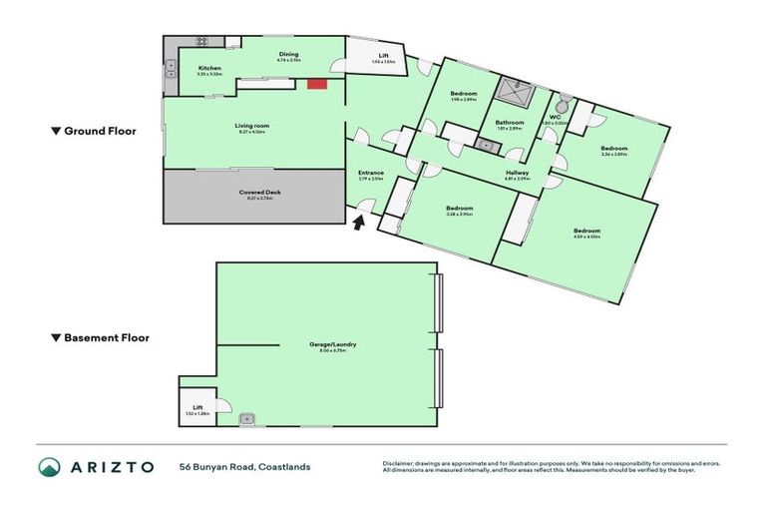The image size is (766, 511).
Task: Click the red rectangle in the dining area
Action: point(317,85)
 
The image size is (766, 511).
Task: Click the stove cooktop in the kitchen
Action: point(202,41)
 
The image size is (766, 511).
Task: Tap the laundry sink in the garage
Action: point(246,420)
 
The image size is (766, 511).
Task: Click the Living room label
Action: point(252,126)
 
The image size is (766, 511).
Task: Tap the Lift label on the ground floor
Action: point(383,55)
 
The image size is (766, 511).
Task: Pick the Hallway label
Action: point(517,173)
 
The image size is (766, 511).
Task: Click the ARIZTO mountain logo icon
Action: point(49,467)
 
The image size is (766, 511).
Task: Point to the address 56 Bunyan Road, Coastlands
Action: point(244,467)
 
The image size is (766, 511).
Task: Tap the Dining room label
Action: point(288,55)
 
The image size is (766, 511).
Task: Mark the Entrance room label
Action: point(371,174)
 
